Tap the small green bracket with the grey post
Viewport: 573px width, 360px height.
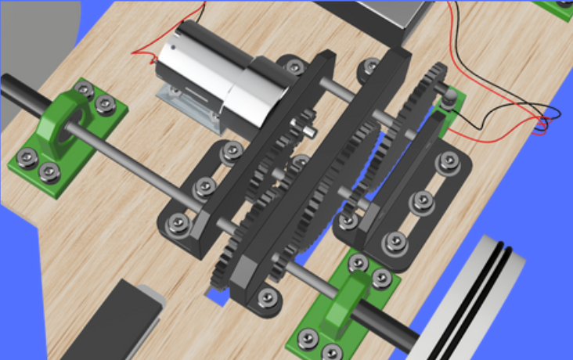(x=449, y=110)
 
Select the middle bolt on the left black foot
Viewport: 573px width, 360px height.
(x=204, y=186)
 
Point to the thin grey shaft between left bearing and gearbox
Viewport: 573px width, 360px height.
(x=149, y=160)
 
